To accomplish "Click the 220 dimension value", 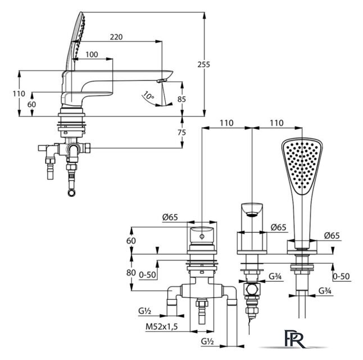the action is [116, 37].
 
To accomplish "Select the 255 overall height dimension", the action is [204, 64].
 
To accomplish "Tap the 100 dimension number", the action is [92, 55].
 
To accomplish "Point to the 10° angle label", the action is [148, 96].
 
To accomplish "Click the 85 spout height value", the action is [182, 99].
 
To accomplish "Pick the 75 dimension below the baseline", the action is [182, 132].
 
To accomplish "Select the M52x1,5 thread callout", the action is [162, 327].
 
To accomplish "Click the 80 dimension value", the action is [131, 273].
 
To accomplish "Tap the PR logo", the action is [293, 339].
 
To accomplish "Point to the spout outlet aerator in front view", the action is [252, 214].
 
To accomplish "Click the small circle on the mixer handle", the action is [202, 236].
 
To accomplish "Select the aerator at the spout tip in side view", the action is [161, 80].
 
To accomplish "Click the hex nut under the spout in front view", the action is [252, 289].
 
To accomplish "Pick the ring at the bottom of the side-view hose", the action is [72, 192].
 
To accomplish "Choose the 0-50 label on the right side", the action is [341, 276].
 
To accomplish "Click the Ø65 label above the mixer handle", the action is [170, 217].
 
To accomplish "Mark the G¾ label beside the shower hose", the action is [325, 291].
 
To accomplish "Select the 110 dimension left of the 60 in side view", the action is [19, 93].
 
